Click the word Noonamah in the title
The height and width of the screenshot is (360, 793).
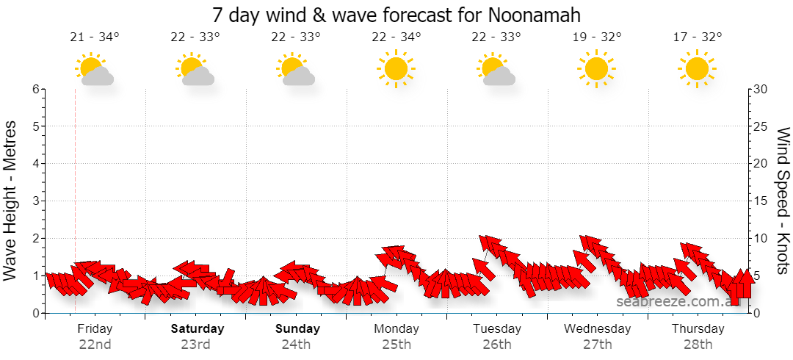(535, 15)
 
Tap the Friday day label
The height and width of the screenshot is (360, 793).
(95, 329)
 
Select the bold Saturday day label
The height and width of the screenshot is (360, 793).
(198, 329)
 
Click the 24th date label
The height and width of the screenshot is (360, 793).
(297, 345)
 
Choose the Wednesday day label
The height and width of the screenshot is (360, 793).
(597, 329)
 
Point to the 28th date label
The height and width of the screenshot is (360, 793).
(698, 345)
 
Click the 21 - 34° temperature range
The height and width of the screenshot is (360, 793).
(95, 37)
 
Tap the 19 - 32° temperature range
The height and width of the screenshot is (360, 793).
(597, 37)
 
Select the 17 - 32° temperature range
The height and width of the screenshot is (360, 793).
(698, 37)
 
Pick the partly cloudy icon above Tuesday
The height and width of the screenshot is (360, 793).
(496, 69)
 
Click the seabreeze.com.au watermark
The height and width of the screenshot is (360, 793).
(678, 302)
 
